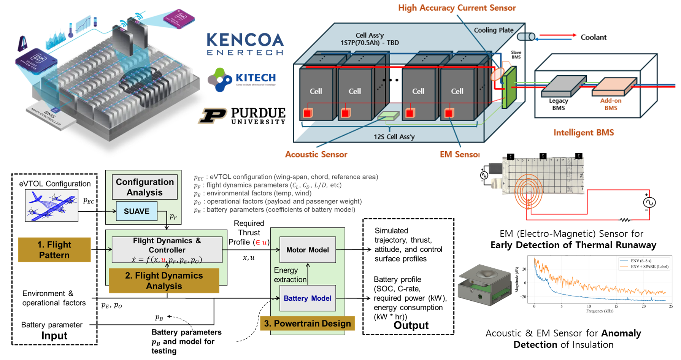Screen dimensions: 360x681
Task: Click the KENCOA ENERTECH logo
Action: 245,44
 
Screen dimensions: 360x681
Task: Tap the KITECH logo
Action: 242,79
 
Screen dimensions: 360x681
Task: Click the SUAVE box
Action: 137,211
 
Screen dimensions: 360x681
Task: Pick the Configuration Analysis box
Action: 145,187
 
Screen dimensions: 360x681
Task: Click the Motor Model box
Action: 308,250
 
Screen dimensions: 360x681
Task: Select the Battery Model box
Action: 308,298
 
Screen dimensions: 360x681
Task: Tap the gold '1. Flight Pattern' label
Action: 54,250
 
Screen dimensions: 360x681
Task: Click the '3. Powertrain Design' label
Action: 307,324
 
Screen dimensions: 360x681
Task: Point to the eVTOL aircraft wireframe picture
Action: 52,205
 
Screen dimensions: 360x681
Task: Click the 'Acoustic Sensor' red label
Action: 316,154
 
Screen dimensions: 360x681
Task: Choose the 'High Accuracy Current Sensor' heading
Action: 457,8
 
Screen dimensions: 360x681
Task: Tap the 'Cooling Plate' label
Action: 494,30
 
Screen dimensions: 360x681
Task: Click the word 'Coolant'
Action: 593,37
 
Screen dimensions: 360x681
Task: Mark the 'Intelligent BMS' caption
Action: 583,133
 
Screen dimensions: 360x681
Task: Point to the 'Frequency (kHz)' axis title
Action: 600,311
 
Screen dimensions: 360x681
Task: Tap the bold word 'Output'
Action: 411,325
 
